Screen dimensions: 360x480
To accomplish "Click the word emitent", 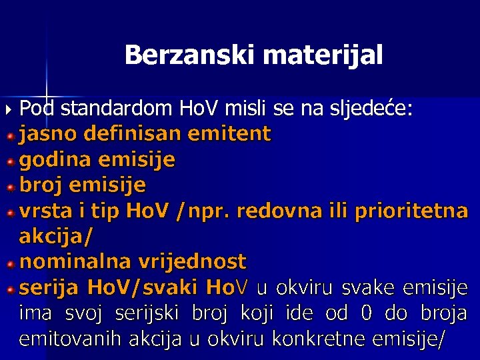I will coord(230,134).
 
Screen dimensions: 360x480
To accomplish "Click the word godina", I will coord(56,159).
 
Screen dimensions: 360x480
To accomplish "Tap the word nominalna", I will coord(71,261).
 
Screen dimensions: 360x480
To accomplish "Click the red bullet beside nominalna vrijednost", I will coord(10,263).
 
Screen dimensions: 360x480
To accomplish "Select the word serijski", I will coord(152,313).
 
